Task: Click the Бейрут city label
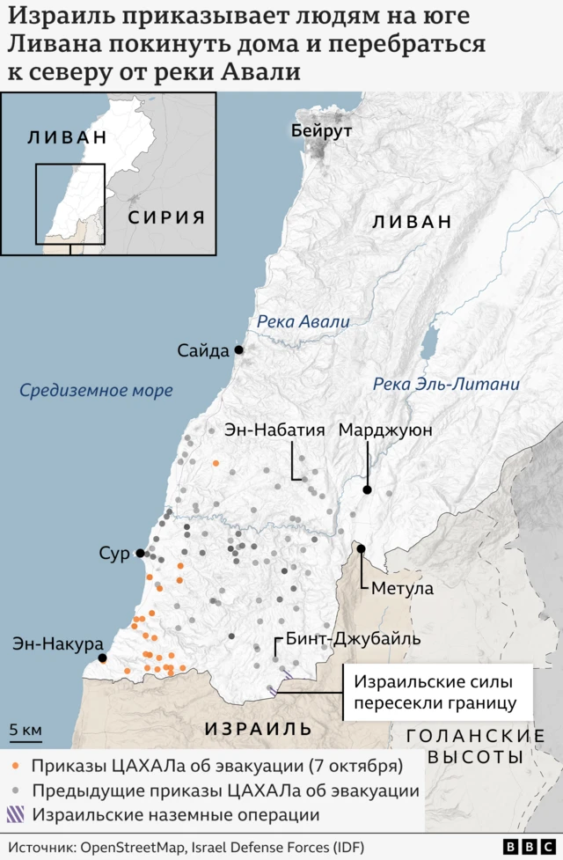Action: [321, 131]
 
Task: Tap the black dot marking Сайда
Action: [238, 349]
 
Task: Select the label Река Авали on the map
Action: [303, 322]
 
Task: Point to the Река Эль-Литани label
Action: [446, 384]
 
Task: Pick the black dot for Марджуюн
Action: [367, 489]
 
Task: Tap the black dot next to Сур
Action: [139, 553]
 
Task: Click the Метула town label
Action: [402, 588]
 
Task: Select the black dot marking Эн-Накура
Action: [103, 658]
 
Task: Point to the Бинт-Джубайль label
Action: [340, 640]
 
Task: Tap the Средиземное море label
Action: [96, 390]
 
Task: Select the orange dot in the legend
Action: [18, 765]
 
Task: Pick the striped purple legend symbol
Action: [18, 815]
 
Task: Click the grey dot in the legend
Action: [18, 790]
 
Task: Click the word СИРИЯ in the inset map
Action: [166, 217]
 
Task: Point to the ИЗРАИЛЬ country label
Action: [258, 729]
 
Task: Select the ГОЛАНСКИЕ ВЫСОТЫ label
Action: [475, 746]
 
